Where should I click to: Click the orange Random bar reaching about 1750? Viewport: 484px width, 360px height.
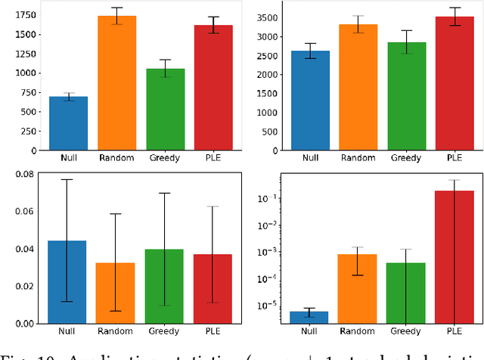pyautogui.click(x=116, y=83)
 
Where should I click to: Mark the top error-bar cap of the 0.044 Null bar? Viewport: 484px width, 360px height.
pyautogui.click(x=67, y=179)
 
